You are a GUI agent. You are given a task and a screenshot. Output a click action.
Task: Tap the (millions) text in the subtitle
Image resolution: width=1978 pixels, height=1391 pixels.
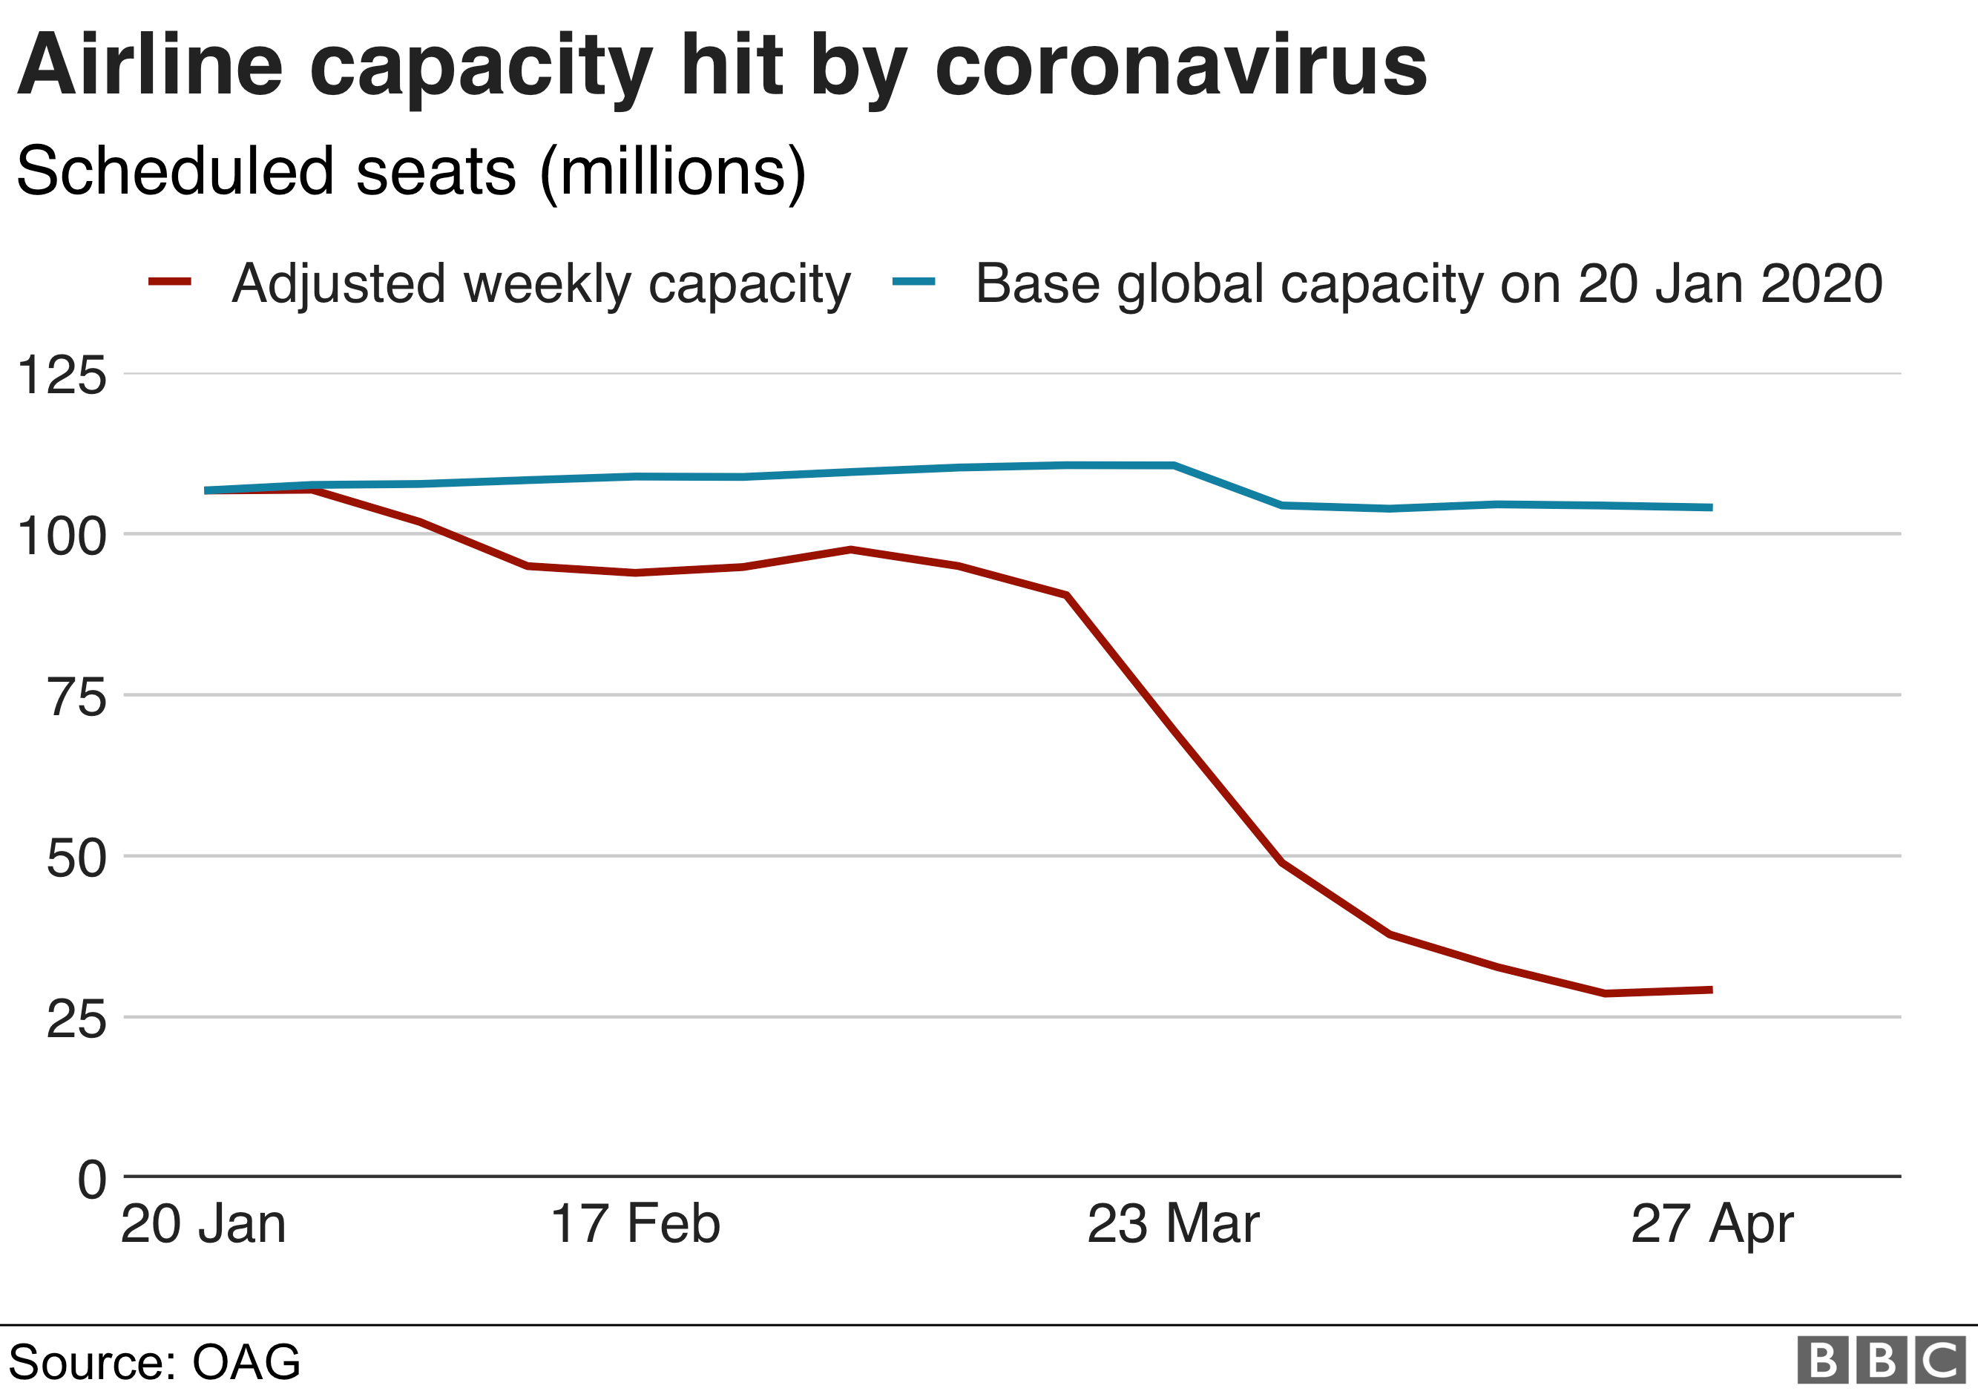672,172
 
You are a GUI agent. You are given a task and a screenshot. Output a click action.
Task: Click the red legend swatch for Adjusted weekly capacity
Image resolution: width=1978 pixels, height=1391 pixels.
170,282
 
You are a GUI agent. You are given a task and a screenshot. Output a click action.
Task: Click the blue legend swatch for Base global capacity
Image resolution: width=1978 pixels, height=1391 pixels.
913,282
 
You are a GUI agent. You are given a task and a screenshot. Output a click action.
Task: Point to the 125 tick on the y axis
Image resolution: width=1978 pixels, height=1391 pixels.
62,375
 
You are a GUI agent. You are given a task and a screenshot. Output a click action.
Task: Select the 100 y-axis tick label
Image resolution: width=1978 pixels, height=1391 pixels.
62,536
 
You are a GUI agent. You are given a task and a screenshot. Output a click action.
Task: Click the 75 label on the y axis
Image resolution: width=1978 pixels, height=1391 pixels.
76,697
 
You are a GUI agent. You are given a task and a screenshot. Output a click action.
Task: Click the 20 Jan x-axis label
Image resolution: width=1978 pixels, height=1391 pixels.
203,1224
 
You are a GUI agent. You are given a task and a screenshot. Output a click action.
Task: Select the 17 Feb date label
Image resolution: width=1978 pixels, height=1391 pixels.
635,1224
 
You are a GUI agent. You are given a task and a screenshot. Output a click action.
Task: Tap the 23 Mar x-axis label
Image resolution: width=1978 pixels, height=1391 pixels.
1173,1224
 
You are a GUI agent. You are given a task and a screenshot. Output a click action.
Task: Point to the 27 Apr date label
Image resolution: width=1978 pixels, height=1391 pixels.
1712,1224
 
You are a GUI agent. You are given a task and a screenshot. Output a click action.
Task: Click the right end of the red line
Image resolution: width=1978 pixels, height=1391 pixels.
1711,990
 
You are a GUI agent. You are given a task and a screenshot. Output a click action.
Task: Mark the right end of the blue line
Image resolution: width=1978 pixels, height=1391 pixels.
1711,508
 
